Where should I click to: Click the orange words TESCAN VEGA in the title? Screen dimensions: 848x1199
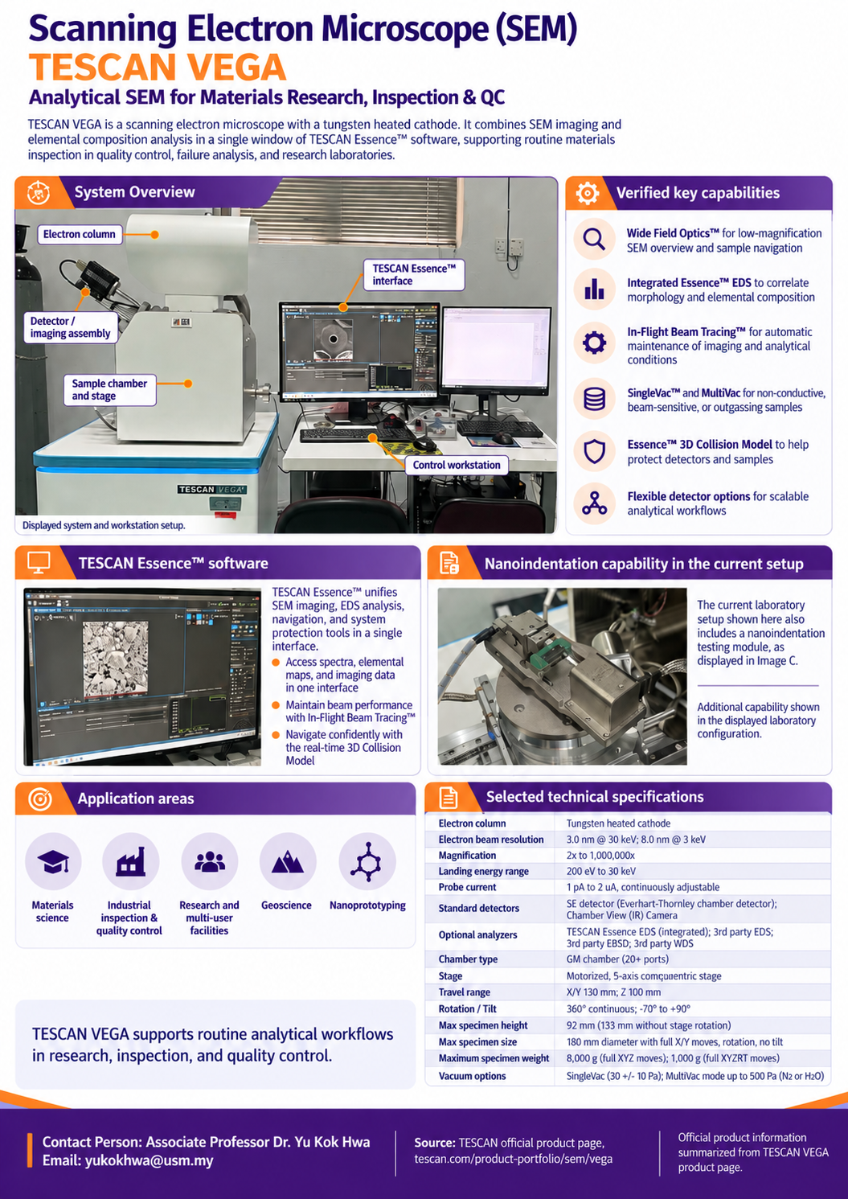pyautogui.click(x=158, y=68)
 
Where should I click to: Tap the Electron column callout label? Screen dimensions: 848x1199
pyautogui.click(x=80, y=235)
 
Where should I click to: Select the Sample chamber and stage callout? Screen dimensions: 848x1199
pyautogui.click(x=109, y=390)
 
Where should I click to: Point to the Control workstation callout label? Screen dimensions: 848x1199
pyautogui.click(x=457, y=465)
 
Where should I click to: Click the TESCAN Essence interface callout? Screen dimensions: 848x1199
pyautogui.click(x=414, y=274)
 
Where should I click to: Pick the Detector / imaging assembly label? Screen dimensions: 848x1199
pyautogui.click(x=70, y=327)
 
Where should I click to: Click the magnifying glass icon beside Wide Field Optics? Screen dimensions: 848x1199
pyautogui.click(x=594, y=240)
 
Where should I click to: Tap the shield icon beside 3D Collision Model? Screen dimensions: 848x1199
pyautogui.click(x=594, y=451)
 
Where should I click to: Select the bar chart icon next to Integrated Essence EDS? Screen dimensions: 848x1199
pyautogui.click(x=594, y=289)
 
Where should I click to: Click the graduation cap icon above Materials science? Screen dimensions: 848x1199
pyautogui.click(x=53, y=861)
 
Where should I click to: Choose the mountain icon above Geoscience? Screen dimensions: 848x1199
pyautogui.click(x=287, y=861)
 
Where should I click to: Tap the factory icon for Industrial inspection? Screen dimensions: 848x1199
pyautogui.click(x=130, y=860)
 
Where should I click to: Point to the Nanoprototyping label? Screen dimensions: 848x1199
pyautogui.click(x=367, y=905)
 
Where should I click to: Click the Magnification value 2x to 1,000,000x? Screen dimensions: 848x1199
pyautogui.click(x=600, y=856)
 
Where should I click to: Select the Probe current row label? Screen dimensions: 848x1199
pyautogui.click(x=467, y=887)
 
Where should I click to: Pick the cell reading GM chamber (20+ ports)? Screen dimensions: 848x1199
pyautogui.click(x=617, y=959)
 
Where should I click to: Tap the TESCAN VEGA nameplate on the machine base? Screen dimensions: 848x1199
pyautogui.click(x=212, y=489)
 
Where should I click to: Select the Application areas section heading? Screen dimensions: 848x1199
pyautogui.click(x=135, y=799)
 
